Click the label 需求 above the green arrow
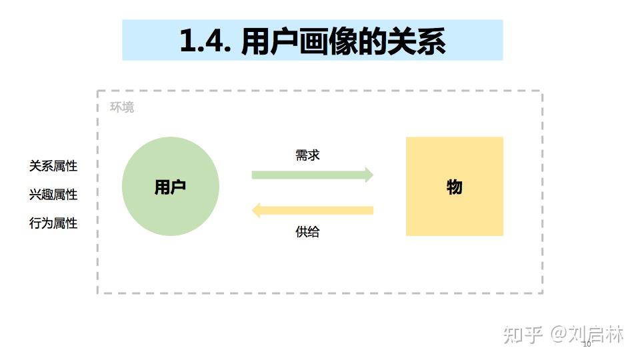(x=307, y=155)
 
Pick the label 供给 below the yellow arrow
(x=307, y=232)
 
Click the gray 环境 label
(x=122, y=107)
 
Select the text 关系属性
(x=53, y=166)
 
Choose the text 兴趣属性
(x=53, y=195)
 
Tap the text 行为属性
(x=53, y=223)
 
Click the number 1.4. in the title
(x=205, y=41)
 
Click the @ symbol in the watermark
(x=558, y=334)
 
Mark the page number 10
(x=587, y=345)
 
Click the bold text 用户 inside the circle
(x=170, y=187)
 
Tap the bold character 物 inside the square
(x=455, y=187)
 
